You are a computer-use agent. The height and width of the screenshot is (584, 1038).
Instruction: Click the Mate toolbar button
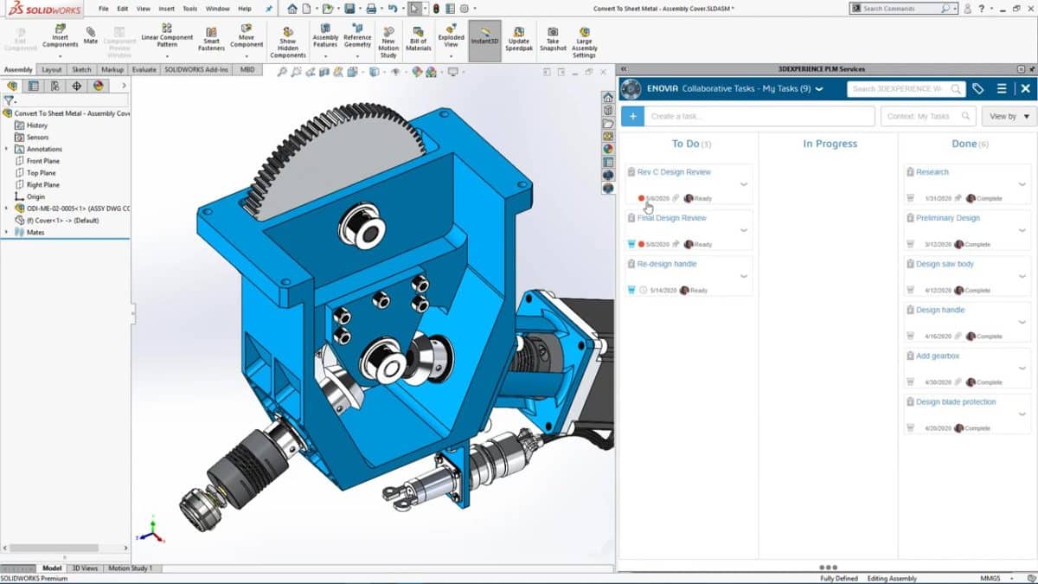pos(91,35)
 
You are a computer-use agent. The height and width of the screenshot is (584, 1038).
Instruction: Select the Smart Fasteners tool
pos(211,39)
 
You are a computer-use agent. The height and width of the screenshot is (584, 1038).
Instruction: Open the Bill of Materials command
pos(419,39)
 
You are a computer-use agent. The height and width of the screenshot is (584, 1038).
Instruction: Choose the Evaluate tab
pos(144,69)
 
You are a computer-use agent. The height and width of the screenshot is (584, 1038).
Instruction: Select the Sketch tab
pos(81,69)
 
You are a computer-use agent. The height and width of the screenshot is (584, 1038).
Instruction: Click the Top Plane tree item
pos(42,173)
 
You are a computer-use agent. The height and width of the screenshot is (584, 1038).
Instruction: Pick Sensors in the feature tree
pos(37,138)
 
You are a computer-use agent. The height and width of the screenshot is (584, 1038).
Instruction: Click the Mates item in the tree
pos(35,232)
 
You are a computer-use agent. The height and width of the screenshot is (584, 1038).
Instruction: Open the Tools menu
pos(190,9)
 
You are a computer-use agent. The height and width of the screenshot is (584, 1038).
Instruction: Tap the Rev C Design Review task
pos(674,172)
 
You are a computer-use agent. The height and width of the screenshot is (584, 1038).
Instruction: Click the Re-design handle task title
pos(666,264)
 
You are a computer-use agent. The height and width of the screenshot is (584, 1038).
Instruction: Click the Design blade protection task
pos(955,401)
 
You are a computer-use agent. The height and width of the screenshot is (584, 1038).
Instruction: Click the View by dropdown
pos(1009,116)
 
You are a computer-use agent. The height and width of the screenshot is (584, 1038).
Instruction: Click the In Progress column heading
pos(830,144)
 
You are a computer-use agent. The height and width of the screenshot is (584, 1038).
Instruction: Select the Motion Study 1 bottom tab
pos(131,568)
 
